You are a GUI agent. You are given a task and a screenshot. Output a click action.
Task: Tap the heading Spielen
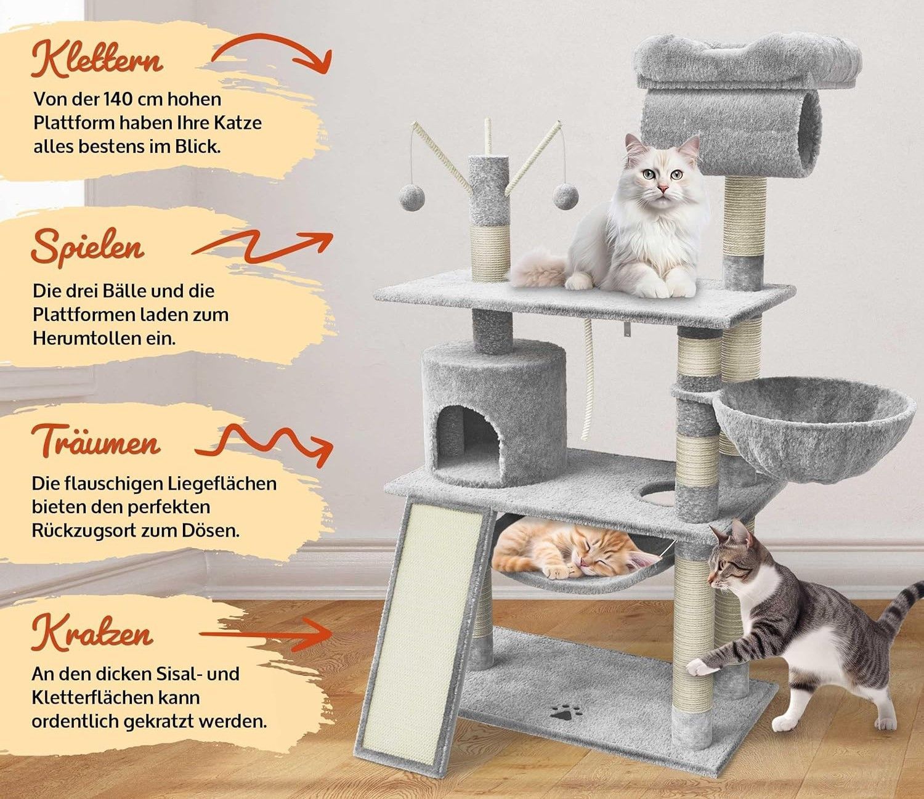tap(87, 247)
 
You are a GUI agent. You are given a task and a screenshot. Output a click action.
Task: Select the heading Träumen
tap(95, 441)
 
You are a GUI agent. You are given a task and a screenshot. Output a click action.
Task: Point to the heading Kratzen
tap(92, 634)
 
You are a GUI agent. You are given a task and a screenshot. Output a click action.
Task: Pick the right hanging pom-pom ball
tap(565, 197)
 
